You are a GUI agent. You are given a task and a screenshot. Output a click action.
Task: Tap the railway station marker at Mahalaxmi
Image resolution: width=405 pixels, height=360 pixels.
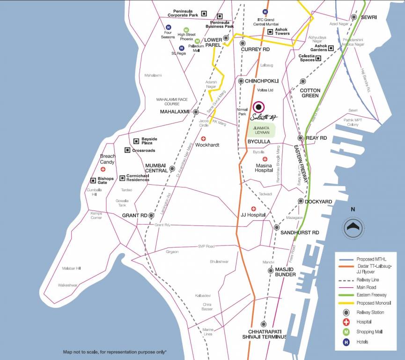point(196,112)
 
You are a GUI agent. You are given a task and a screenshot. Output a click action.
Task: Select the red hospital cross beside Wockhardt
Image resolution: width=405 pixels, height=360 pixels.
point(203,139)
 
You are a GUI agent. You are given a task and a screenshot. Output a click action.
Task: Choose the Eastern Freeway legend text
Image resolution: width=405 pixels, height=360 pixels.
point(371,295)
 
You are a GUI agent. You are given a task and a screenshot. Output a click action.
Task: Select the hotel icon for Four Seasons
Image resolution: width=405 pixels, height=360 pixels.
point(169,27)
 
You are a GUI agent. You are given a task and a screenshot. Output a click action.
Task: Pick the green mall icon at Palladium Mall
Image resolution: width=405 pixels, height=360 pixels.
point(197,41)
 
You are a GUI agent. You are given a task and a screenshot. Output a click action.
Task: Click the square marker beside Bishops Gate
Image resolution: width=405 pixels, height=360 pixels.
point(93,180)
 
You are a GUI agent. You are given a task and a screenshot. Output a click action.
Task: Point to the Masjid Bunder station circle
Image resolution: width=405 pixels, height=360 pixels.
point(271,270)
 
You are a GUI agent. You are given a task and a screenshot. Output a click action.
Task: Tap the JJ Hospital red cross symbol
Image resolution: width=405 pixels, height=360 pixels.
point(253,209)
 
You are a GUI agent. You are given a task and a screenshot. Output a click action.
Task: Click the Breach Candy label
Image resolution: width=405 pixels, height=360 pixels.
point(107,159)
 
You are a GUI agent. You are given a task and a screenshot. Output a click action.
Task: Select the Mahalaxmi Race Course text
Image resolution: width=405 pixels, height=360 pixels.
point(171,102)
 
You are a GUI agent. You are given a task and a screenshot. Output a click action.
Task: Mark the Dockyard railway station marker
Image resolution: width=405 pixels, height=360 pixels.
point(301,202)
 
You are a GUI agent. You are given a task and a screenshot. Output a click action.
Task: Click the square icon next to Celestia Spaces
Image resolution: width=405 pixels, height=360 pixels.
point(318,59)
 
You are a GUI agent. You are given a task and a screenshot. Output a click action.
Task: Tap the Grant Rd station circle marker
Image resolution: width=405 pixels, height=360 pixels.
point(151,215)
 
